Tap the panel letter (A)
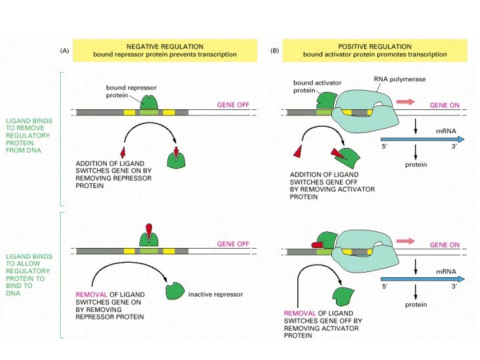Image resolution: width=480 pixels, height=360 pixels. coord(65,51)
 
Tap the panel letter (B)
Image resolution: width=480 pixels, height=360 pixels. coord(275,51)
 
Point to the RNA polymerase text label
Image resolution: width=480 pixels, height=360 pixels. coord(399,79)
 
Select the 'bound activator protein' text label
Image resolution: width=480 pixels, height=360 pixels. coord(313,87)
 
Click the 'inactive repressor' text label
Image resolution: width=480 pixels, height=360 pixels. coord(215,294)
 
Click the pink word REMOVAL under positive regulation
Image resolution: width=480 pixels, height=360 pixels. coord(300,313)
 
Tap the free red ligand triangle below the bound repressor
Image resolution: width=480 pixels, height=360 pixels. coord(122,152)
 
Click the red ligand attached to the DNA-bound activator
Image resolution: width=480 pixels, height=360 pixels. coord(317,245)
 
